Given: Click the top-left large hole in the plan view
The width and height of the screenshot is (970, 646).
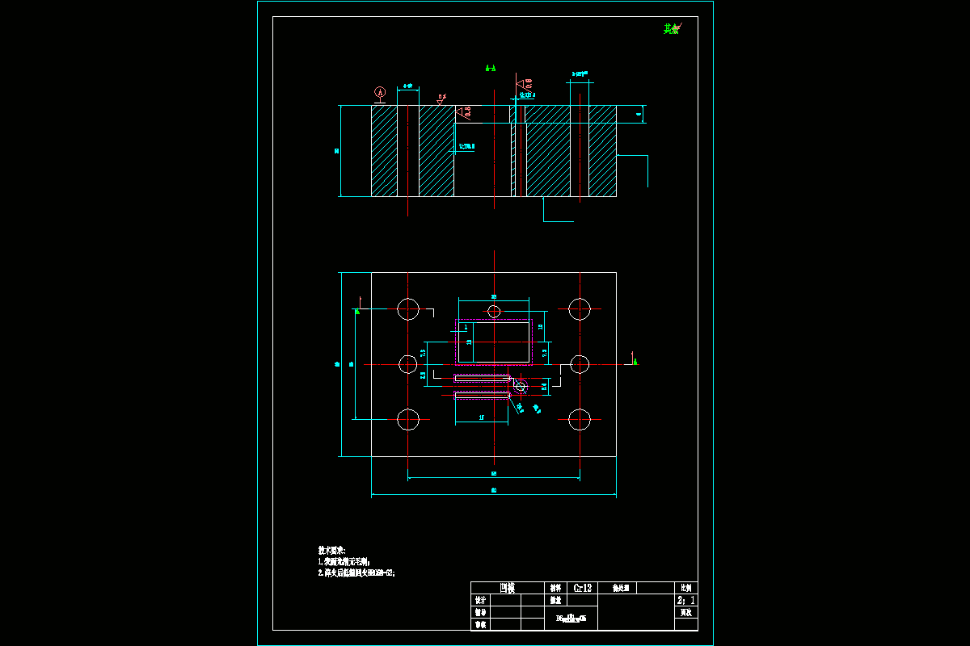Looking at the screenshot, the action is [408, 308].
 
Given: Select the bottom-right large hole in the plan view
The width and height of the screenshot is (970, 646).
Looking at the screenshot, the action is [580, 419].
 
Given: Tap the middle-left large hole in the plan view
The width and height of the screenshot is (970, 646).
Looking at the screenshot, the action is [408, 364].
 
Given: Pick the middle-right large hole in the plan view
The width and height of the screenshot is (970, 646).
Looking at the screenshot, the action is [580, 364].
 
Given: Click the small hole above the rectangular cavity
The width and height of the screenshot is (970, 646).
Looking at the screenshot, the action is [494, 311].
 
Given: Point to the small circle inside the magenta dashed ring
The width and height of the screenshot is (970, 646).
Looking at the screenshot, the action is [520, 387].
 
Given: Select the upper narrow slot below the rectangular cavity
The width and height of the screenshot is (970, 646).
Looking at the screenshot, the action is [482, 378].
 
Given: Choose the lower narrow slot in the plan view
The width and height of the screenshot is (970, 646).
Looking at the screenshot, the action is [482, 395].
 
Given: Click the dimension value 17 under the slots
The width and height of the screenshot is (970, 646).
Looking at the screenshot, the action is [482, 417].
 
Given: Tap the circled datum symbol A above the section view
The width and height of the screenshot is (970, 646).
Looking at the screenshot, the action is [381, 93].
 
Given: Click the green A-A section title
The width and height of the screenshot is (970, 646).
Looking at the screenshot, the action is [490, 69].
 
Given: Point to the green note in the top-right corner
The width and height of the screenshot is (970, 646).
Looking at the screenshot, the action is [671, 29].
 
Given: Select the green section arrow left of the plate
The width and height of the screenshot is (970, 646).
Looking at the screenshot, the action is [357, 309].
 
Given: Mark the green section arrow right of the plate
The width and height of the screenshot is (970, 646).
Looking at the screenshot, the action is [635, 360].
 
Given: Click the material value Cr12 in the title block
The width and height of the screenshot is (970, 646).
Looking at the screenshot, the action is [583, 588].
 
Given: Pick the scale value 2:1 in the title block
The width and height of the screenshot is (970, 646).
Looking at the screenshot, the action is [685, 601].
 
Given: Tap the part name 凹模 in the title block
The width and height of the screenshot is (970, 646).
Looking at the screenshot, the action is [507, 588].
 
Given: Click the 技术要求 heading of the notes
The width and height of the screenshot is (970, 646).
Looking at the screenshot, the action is [332, 549].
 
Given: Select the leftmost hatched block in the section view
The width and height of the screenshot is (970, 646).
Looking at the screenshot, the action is [384, 151].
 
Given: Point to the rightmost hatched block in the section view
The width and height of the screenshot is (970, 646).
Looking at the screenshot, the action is [602, 151].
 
